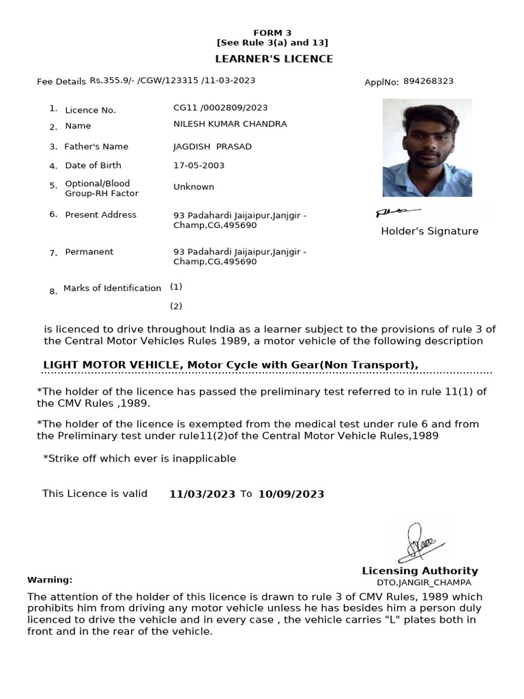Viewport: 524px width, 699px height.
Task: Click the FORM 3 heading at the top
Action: [x=272, y=33]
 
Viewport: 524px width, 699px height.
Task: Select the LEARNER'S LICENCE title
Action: [x=274, y=59]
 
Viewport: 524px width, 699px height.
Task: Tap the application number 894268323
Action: [x=428, y=81]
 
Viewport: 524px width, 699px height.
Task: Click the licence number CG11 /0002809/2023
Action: [x=220, y=107]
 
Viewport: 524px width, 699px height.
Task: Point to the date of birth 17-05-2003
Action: [x=199, y=165]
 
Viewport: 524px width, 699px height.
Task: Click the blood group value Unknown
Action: [x=194, y=186]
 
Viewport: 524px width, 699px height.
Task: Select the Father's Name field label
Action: [x=96, y=146]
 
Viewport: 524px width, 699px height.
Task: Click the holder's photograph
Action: [x=427, y=147]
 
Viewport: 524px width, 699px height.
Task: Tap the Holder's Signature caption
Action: [x=429, y=231]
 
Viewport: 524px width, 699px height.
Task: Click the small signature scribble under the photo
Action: [x=397, y=212]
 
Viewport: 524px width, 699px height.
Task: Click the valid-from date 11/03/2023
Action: [x=202, y=494]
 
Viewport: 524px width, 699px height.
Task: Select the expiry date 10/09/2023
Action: [x=291, y=494]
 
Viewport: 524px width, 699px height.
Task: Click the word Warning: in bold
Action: [x=50, y=580]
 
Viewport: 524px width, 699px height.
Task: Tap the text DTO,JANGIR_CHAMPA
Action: [x=424, y=583]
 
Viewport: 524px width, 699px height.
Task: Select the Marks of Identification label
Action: [x=112, y=288]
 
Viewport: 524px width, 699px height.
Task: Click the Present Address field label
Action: [x=100, y=214]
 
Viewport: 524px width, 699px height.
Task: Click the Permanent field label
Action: [x=89, y=252]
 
